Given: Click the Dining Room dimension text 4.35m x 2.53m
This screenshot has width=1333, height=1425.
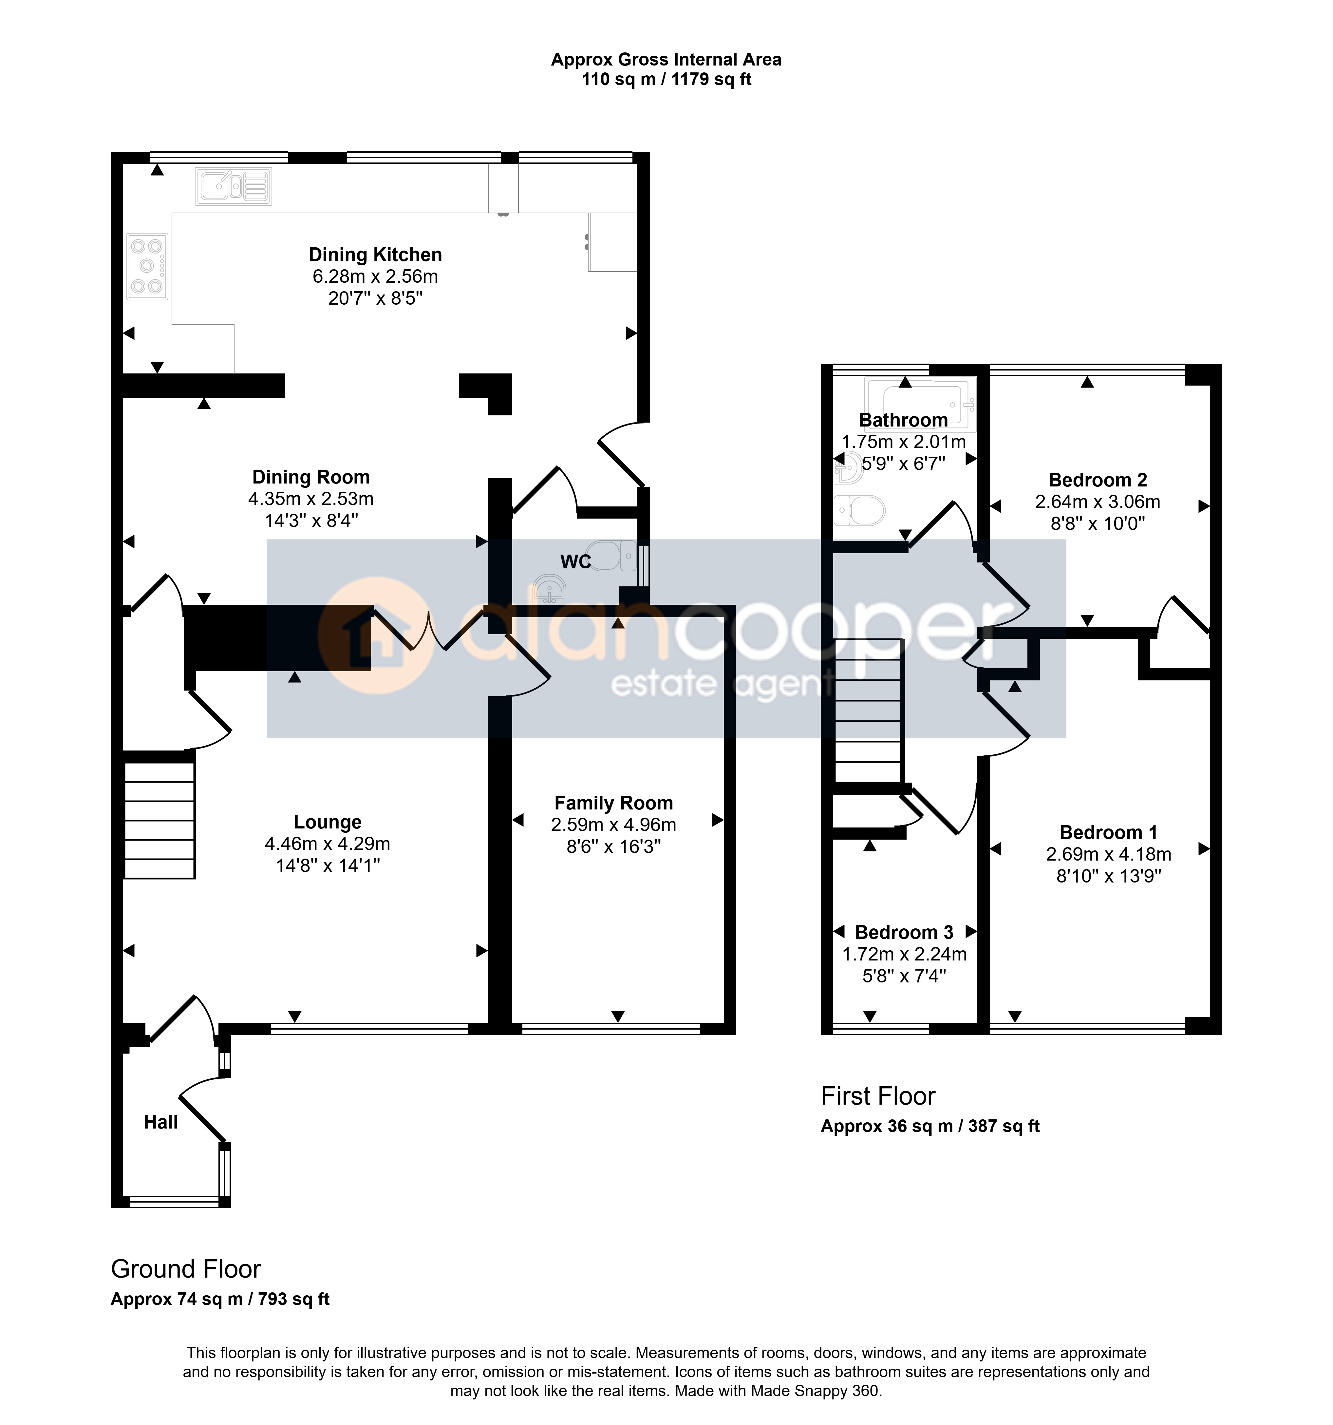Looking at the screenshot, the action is [x=311, y=499].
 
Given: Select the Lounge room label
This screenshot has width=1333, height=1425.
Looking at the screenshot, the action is [x=328, y=822].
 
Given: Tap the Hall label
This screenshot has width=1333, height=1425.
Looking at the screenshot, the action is [x=160, y=1123].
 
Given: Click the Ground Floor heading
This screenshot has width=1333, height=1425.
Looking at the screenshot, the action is [x=186, y=1269].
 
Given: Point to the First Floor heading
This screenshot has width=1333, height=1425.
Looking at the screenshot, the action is [x=878, y=1096].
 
